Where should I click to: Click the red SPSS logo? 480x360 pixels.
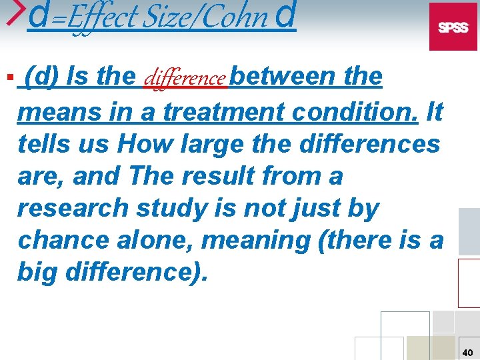453,27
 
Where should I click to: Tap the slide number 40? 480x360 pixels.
468,352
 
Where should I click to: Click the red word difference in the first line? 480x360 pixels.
186,79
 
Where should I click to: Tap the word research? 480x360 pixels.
74,208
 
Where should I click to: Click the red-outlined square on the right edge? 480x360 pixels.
469,282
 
